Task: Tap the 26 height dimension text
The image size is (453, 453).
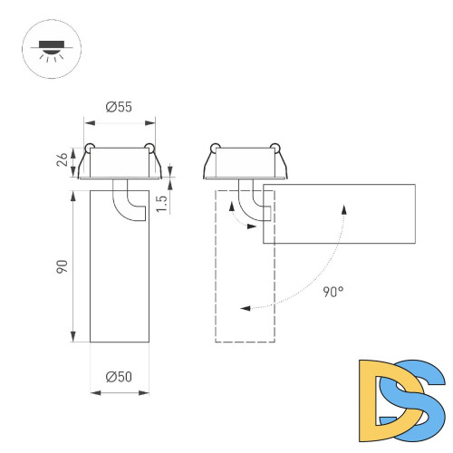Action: pyautogui.click(x=62, y=160)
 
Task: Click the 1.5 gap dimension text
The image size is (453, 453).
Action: pyautogui.click(x=162, y=202)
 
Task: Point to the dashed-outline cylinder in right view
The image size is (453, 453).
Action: pyautogui.click(x=244, y=299)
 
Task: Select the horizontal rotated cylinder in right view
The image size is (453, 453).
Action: pyautogui.click(x=340, y=214)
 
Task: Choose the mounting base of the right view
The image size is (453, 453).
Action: pyautogui.click(x=246, y=163)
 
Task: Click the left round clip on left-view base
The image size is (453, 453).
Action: pyautogui.click(x=89, y=148)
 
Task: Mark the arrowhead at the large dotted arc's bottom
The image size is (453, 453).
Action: pyautogui.click(x=246, y=308)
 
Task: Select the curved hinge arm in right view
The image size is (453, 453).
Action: pyautogui.click(x=253, y=201)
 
